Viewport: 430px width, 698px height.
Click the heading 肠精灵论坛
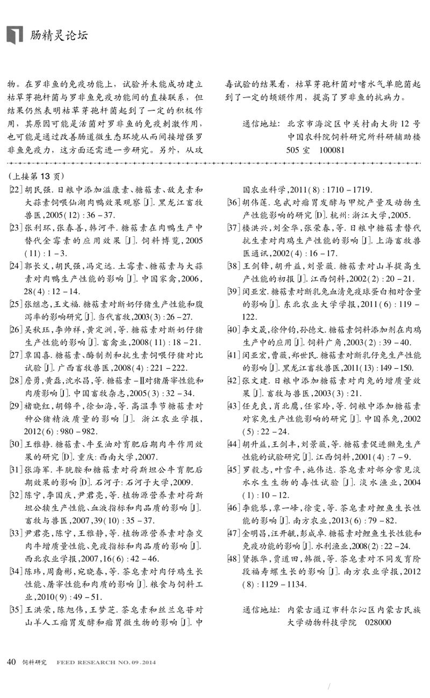pyautogui.click(x=59, y=35)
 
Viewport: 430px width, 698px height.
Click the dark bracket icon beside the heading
pyautogui.click(x=15, y=34)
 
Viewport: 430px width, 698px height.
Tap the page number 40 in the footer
pyautogui.click(x=11, y=661)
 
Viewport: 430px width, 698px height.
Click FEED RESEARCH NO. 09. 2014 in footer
pyautogui.click(x=106, y=662)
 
